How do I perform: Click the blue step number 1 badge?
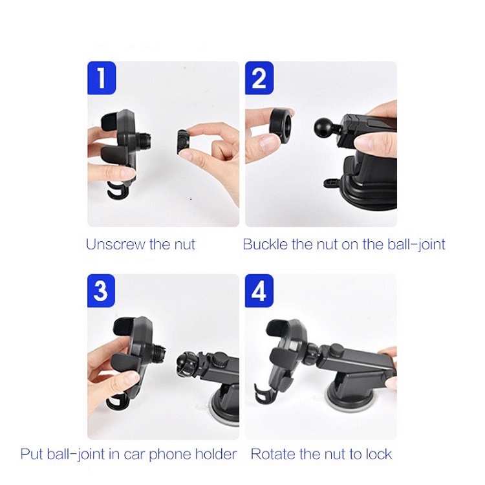(x=102, y=78)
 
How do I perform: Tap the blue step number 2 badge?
(x=259, y=78)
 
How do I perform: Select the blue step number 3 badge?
(x=101, y=291)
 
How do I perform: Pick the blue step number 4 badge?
(x=259, y=291)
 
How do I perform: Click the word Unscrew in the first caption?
(x=116, y=244)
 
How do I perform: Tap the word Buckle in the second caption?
(x=265, y=244)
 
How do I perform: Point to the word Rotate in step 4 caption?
(x=273, y=454)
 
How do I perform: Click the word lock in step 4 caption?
(x=379, y=454)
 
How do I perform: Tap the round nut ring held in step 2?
(x=281, y=127)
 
